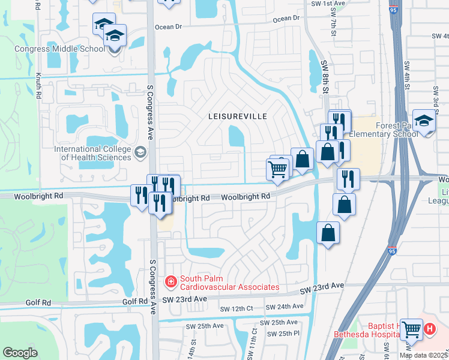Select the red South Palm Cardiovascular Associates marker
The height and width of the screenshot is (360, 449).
point(171,281)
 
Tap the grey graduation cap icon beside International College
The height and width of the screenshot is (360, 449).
point(140,152)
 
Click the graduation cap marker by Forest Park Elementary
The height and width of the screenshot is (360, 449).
point(424,122)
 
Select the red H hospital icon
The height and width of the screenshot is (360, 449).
point(429,329)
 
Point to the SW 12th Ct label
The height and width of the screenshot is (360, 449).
point(237,309)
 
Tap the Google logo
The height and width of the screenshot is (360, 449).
point(20,353)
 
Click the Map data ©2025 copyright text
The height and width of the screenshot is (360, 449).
point(423,355)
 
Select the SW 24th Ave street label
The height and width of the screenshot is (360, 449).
point(284,307)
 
